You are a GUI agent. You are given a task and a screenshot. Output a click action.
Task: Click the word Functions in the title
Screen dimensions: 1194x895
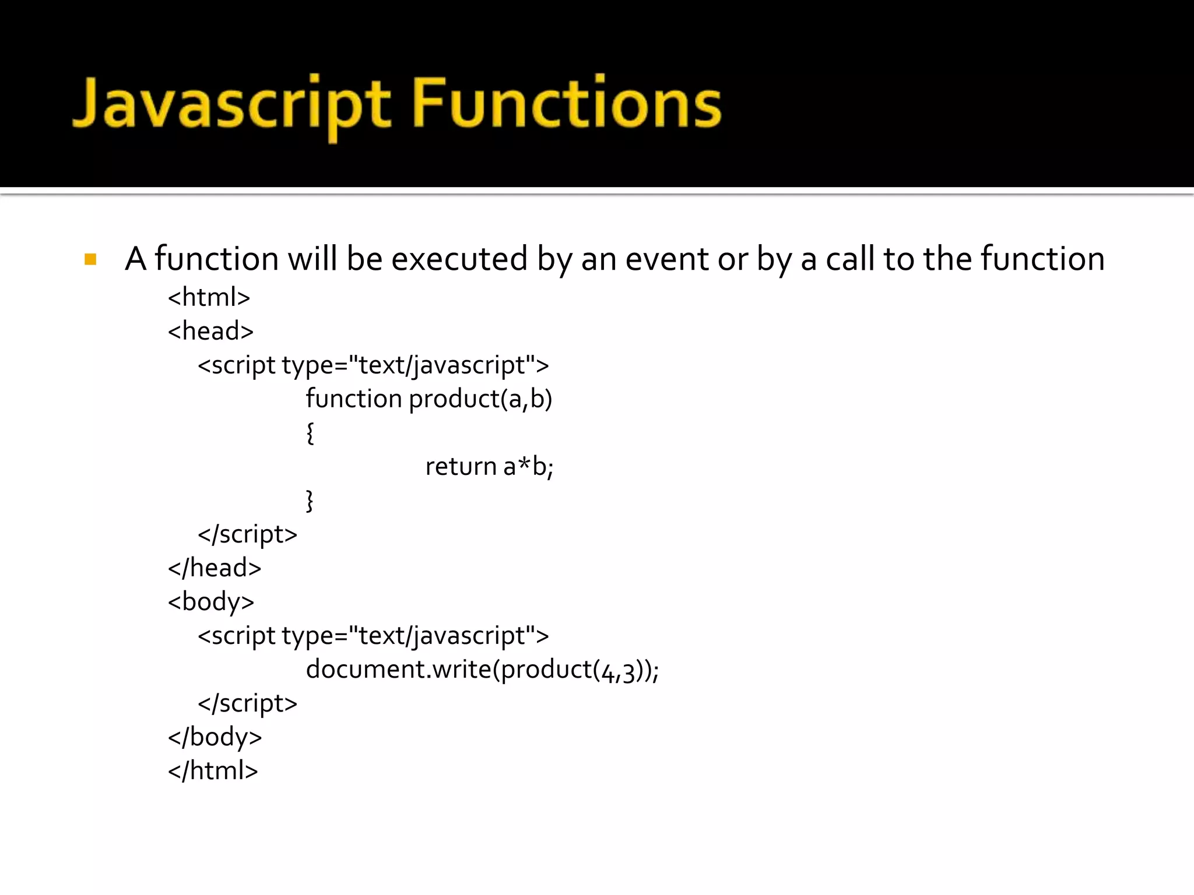point(567,104)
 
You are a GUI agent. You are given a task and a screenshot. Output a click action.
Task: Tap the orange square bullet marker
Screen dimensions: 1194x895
point(90,259)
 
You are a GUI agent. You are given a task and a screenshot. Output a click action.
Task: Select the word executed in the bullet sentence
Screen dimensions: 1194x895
point(459,259)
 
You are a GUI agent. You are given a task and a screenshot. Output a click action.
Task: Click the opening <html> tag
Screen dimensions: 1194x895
point(209,297)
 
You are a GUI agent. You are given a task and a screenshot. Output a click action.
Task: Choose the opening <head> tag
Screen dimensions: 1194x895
point(210,331)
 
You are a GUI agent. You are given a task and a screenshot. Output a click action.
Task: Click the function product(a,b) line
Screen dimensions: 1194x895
point(429,399)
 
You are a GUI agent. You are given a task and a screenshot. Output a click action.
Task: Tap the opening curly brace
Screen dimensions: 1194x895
point(310,433)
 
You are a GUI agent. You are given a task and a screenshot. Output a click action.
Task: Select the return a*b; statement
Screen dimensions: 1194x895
point(489,466)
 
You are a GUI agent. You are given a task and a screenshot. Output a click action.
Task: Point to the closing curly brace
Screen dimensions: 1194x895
point(310,501)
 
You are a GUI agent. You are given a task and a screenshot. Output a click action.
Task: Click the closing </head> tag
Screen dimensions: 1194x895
point(215,568)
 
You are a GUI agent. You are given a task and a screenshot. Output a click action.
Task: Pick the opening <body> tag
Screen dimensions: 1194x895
point(211,602)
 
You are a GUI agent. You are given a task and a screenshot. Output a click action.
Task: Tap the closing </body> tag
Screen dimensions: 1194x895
point(215,737)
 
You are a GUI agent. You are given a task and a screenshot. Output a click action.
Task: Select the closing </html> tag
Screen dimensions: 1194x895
point(213,771)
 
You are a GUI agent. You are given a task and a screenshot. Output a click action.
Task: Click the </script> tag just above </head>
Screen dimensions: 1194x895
point(248,534)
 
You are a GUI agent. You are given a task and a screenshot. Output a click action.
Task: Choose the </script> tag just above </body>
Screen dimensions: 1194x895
point(248,703)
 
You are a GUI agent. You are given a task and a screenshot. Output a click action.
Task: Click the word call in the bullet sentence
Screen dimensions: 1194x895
point(850,259)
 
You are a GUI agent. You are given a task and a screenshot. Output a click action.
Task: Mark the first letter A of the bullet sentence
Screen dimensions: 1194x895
point(135,259)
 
